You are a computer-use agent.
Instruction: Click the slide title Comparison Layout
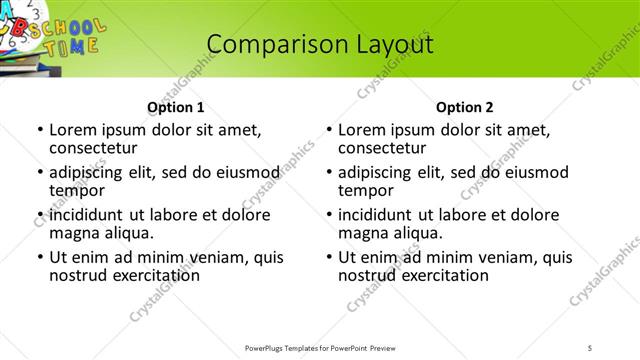pos(319,44)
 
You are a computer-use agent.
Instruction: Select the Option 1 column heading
pos(175,107)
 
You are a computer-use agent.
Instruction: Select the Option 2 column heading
pos(464,107)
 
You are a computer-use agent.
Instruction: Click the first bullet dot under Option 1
pos(40,130)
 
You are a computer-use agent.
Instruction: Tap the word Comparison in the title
pos(263,44)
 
